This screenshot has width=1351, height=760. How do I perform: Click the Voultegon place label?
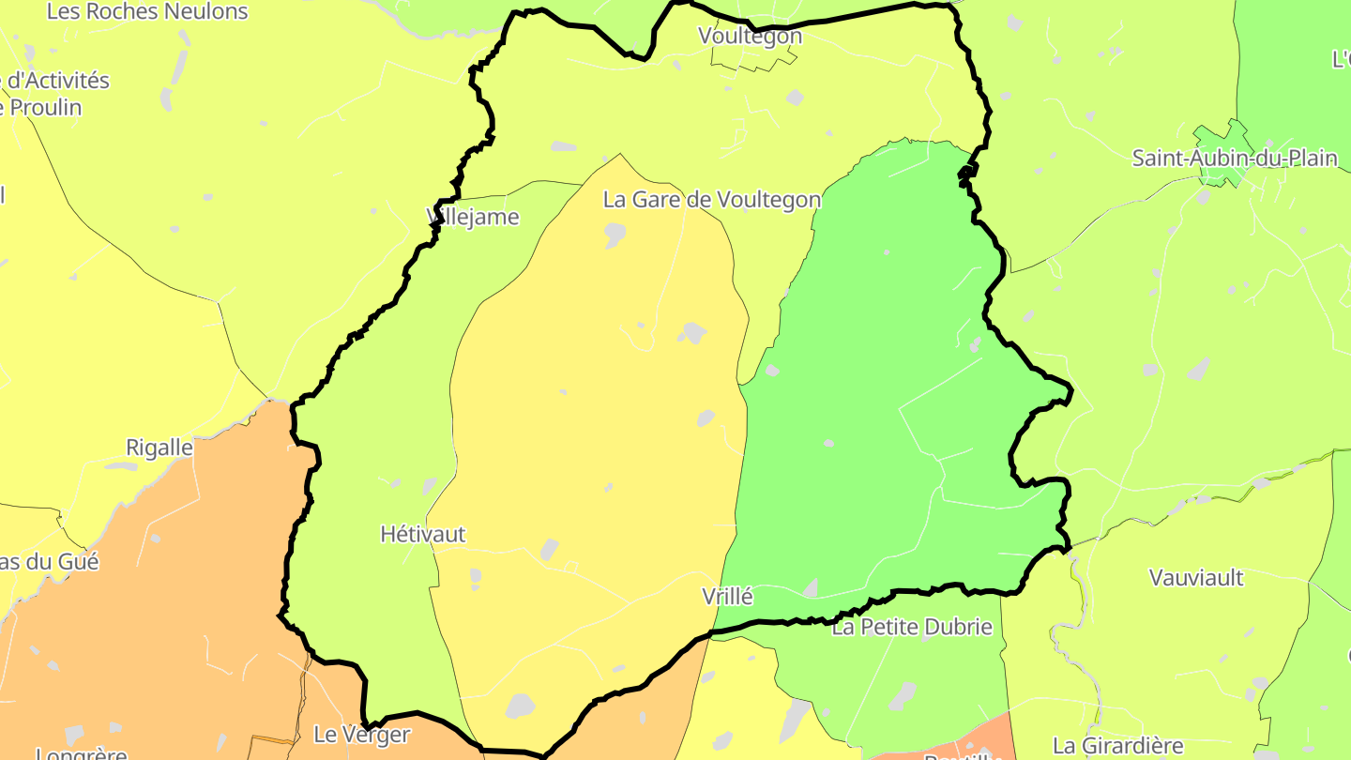click(750, 36)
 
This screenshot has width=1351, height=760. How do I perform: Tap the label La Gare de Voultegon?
click(711, 199)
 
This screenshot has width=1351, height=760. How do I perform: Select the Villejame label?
click(473, 217)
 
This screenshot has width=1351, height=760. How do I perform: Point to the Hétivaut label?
click(422, 534)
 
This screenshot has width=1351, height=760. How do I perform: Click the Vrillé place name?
click(727, 596)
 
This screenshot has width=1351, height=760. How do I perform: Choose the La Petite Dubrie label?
click(912, 627)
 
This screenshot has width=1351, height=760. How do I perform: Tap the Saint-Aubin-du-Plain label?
click(1235, 158)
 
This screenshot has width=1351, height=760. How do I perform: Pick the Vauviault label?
click(1196, 577)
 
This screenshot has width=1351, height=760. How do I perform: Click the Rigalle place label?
click(159, 448)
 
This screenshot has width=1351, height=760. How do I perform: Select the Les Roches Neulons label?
click(147, 11)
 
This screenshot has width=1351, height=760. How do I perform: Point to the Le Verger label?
click(361, 734)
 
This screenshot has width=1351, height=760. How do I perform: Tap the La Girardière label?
click(1117, 746)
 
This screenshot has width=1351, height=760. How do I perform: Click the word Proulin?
click(44, 107)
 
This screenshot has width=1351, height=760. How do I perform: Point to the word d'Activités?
click(58, 80)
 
